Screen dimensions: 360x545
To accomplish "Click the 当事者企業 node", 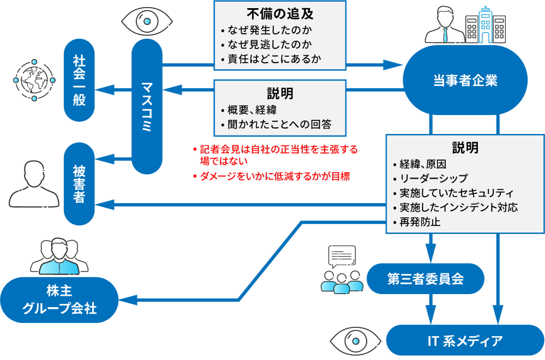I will pyautogui.click(x=465, y=80).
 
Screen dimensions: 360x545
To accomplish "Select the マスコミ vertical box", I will pyautogui.click(x=147, y=106).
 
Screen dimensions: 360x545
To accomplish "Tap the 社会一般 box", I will pyautogui.click(x=80, y=80).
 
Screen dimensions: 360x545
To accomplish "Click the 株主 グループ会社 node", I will pyautogui.click(x=59, y=300).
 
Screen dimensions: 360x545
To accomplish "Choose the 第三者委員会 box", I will pyautogui.click(x=425, y=279).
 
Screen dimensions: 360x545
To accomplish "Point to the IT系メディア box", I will pyautogui.click(x=465, y=341).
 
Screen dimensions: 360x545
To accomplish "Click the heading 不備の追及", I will pyautogui.click(x=280, y=13).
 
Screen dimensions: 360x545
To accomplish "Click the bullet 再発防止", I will pyautogui.click(x=420, y=222).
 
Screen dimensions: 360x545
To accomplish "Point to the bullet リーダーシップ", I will pyautogui.click(x=433, y=178).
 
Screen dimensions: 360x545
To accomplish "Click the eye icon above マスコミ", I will pyautogui.click(x=147, y=21).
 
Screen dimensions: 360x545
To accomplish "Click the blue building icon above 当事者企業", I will pyautogui.click(x=485, y=25).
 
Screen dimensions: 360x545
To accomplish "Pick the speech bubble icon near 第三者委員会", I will pyautogui.click(x=342, y=255).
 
